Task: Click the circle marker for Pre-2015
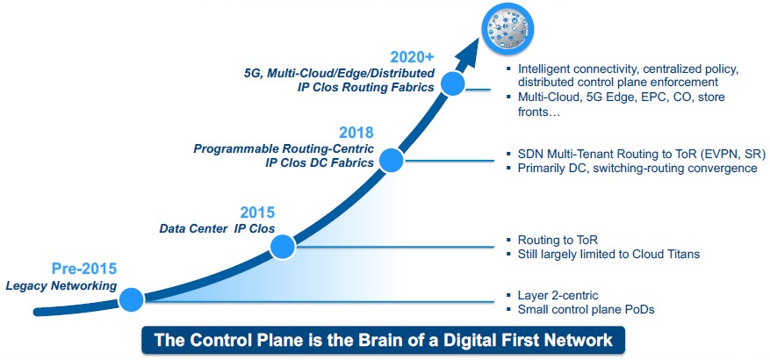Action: [131, 299]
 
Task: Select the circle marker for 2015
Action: [283, 247]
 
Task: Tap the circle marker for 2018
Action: [391, 160]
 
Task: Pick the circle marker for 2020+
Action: [453, 83]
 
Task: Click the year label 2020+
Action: [412, 58]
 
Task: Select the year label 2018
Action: [356, 133]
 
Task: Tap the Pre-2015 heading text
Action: [84, 270]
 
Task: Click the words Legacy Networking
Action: [61, 286]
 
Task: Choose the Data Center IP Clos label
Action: [217, 228]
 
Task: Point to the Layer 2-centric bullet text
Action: [558, 295]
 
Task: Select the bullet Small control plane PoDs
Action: [586, 309]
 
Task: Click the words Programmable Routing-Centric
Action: [284, 148]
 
